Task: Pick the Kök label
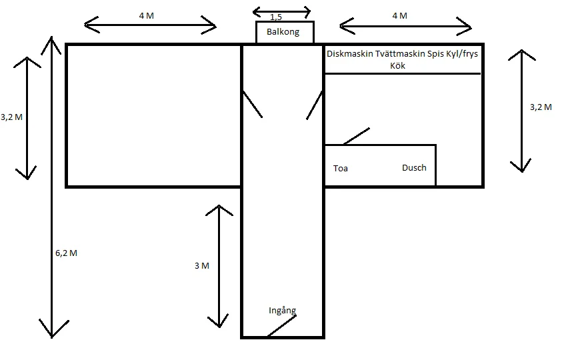pyautogui.click(x=397, y=65)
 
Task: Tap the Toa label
pyautogui.click(x=340, y=169)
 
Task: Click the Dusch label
pyautogui.click(x=414, y=168)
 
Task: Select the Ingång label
pyautogui.click(x=282, y=311)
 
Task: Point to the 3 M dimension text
pyautogui.click(x=201, y=265)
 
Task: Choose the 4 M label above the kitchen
pyautogui.click(x=399, y=16)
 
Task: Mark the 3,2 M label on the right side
pyautogui.click(x=540, y=107)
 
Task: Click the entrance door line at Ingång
pyautogui.click(x=281, y=326)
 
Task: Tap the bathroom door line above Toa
pyautogui.click(x=356, y=136)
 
